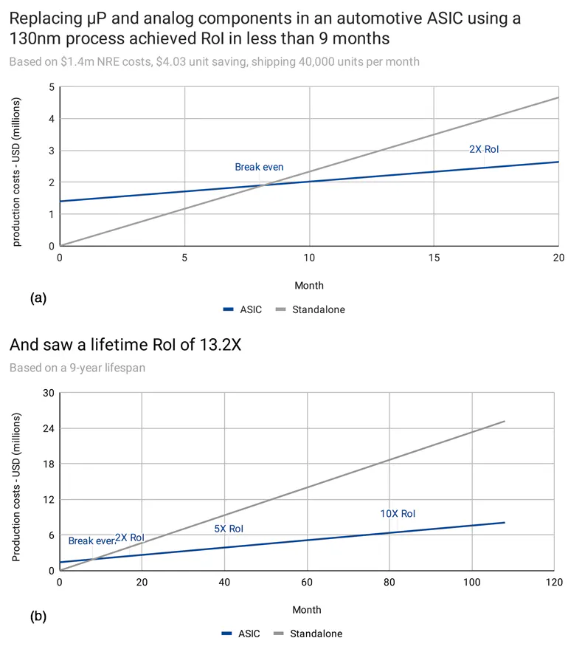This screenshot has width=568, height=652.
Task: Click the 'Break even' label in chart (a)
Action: pos(259,167)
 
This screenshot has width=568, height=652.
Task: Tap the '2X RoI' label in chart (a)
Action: pos(484,149)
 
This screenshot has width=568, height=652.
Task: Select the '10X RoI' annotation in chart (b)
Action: pos(398,514)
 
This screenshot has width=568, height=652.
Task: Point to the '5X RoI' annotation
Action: pos(229,529)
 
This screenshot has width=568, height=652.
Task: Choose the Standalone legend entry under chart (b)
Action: pos(308,634)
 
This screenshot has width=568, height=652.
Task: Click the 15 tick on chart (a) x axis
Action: pos(434,258)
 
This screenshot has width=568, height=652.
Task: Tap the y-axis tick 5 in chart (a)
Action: pos(51,87)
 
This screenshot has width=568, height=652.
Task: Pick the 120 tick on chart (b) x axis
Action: pos(553,582)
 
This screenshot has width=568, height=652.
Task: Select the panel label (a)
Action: pos(38,298)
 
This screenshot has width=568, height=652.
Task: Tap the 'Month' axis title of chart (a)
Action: pos(309,285)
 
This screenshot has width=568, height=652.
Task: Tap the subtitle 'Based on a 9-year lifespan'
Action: pos(77,367)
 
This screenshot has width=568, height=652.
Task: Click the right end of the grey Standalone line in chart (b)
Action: pos(505,422)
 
